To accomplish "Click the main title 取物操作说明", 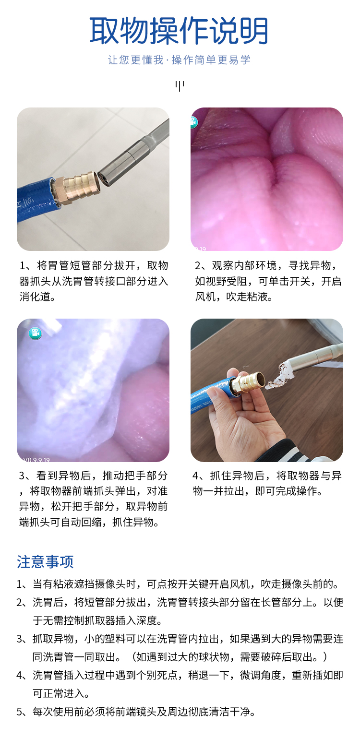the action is pyautogui.click(x=179, y=31).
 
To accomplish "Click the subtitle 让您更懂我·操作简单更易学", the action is pyautogui.click(x=179, y=60).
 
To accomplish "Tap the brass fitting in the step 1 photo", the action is pyautogui.click(x=76, y=188).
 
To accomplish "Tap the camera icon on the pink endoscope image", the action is pyautogui.click(x=193, y=122).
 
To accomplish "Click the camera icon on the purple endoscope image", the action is pyautogui.click(x=35, y=333).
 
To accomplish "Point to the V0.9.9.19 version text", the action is pyautogui.click(x=36, y=460).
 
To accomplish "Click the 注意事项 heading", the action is pyautogui.click(x=45, y=562).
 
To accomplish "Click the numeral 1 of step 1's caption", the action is pyautogui.click(x=23, y=266).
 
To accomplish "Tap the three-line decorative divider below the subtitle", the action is pyautogui.click(x=180, y=86).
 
